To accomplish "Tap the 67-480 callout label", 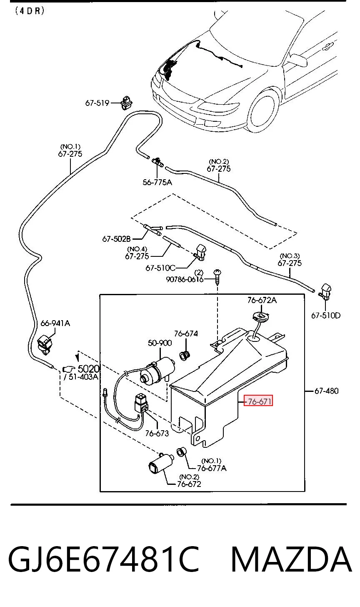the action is tap(326, 391).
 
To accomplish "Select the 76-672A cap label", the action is tap(262, 300).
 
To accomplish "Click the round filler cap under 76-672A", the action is tap(261, 316).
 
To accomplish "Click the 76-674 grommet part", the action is tap(185, 355).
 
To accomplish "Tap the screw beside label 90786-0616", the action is tap(217, 276).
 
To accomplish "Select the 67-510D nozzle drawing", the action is tap(325, 292).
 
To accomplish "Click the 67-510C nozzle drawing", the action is tap(200, 252).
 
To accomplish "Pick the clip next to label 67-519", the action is tap(127, 103).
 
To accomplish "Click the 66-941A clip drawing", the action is tap(44, 344).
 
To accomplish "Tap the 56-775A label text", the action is tap(157, 182).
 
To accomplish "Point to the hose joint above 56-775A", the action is tap(157, 162).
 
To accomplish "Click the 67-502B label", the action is tap(117, 239).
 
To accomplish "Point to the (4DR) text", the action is tap(30, 11).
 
